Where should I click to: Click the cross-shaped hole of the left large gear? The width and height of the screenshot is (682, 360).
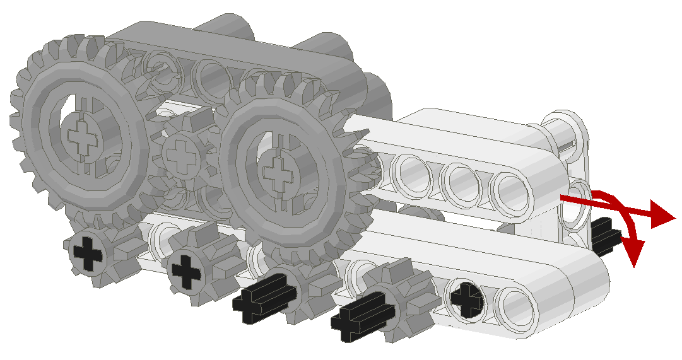pos(81,137)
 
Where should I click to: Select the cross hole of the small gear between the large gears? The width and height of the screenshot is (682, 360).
pos(182,154)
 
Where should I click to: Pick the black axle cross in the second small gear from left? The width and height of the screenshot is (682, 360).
pos(186,269)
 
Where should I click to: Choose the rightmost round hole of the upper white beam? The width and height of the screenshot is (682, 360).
pos(511,189)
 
